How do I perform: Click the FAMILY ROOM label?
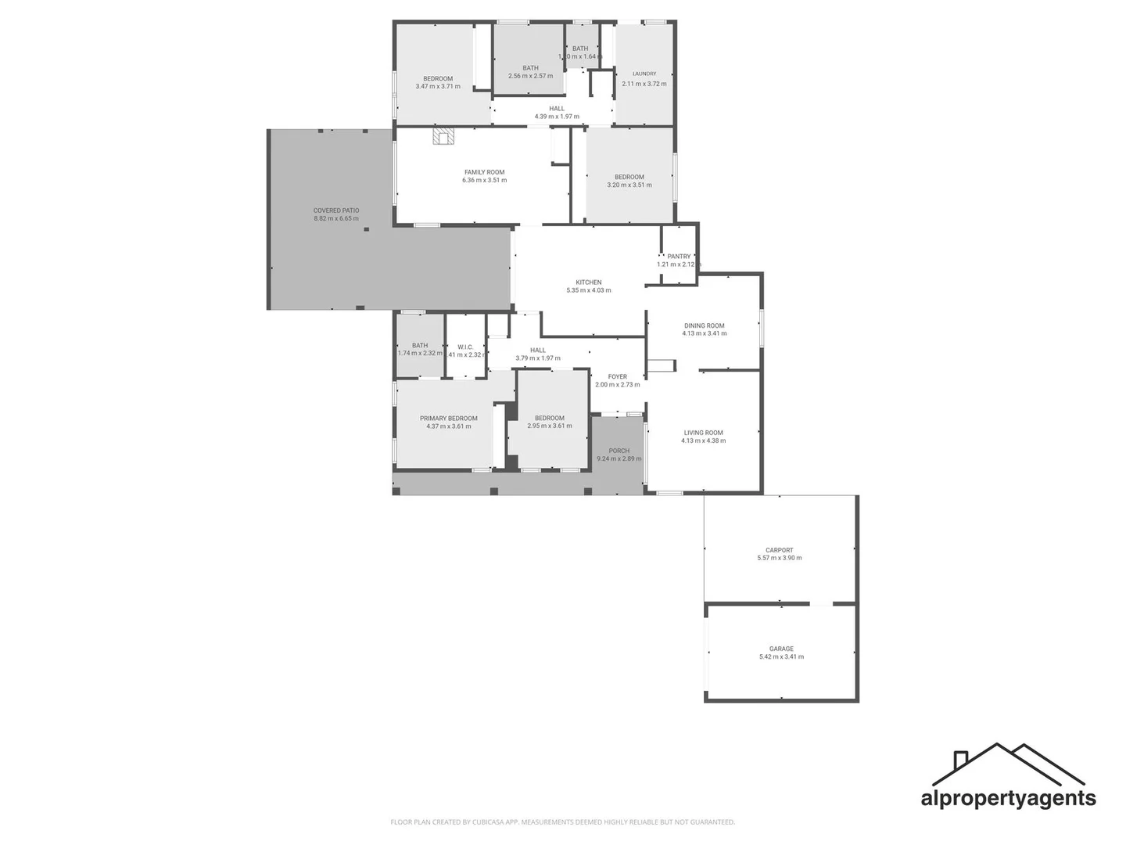(x=484, y=172)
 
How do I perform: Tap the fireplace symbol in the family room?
(x=444, y=138)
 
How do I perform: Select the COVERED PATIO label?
(x=336, y=210)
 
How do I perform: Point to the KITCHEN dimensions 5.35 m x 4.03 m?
(x=589, y=290)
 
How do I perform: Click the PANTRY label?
(x=679, y=257)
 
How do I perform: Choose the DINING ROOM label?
(x=704, y=325)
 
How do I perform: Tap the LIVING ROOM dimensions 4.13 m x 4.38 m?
(x=703, y=440)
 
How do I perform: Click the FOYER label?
(x=617, y=377)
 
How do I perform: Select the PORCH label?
(x=619, y=451)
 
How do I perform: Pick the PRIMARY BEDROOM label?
(x=448, y=419)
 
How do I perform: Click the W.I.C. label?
(x=465, y=347)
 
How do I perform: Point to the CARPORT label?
(x=779, y=550)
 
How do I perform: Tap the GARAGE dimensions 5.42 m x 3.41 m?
(x=781, y=657)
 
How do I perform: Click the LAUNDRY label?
(x=644, y=74)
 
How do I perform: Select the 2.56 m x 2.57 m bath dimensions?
(x=530, y=77)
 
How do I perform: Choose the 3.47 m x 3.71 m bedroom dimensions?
(x=438, y=87)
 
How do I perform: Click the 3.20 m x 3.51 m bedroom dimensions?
(x=629, y=185)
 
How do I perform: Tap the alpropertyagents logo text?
(x=1008, y=798)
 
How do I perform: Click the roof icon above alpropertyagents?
(x=1008, y=764)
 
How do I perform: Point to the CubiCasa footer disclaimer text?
(x=562, y=822)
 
